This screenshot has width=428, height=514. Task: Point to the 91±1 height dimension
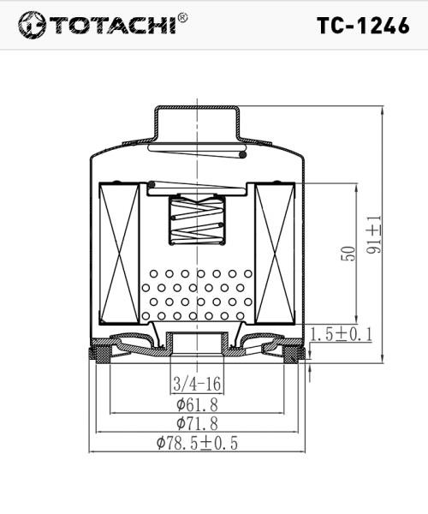pyautogui.click(x=374, y=234)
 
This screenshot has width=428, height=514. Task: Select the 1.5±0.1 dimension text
pyautogui.click(x=341, y=334)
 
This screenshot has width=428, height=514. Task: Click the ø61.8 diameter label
pyautogui.click(x=198, y=403)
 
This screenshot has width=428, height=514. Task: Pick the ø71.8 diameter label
pyautogui.click(x=198, y=423)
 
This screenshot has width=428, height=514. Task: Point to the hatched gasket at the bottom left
pyautogui.click(x=100, y=352)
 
